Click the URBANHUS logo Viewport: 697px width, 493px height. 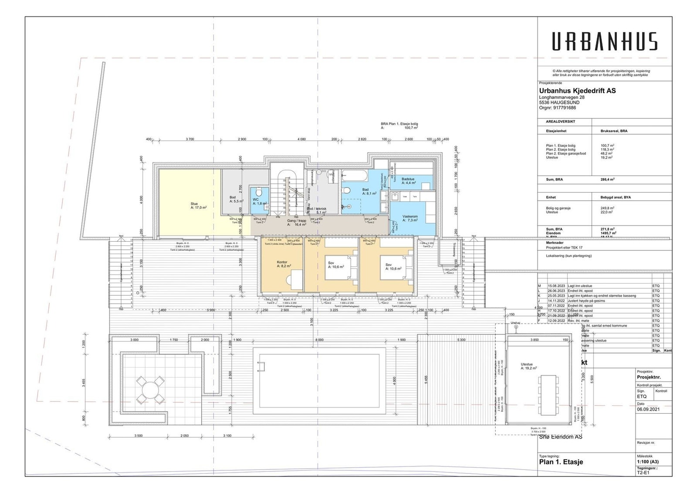[605, 41]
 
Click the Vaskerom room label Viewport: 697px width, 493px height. [410, 218]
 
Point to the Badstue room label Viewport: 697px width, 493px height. [408, 181]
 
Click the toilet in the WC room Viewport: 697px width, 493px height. [258, 192]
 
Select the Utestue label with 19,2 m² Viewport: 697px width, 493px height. [528, 366]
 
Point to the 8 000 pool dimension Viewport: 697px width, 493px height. [319, 340]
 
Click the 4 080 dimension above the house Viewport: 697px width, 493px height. [301, 139]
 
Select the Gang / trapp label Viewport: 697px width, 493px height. [296, 223]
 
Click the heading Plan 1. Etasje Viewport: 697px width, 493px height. [561, 462]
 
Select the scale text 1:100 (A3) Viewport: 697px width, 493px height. [647, 462]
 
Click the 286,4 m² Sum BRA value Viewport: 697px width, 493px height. [607, 179]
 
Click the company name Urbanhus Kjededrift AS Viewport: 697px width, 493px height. [577, 91]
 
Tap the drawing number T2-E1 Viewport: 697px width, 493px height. [643, 472]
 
